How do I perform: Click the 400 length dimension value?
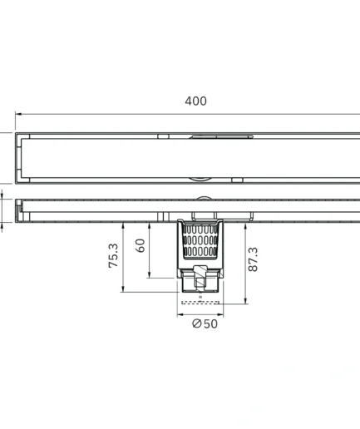point(195,101)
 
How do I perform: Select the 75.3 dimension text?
point(113,256)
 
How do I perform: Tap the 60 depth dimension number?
point(141,245)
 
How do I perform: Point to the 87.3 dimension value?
point(253,259)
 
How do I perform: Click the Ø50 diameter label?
point(205,323)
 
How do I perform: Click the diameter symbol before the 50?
point(196,323)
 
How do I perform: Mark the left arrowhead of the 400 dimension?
point(18,114)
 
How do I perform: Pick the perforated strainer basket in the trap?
point(200,241)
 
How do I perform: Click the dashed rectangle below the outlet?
point(200,303)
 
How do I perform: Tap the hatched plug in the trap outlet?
point(200,278)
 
